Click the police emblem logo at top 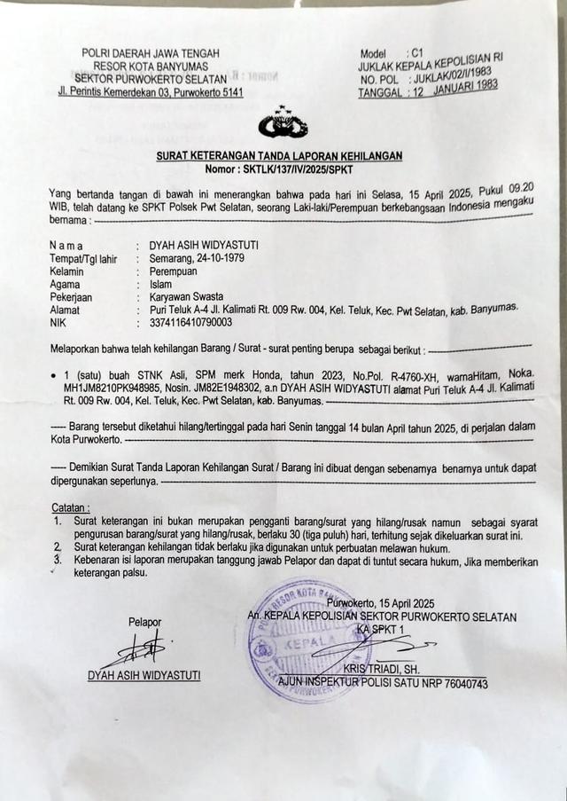pyautogui.click(x=283, y=125)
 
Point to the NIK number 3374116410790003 pyautogui.click(x=191, y=322)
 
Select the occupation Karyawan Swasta pyautogui.click(x=187, y=296)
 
